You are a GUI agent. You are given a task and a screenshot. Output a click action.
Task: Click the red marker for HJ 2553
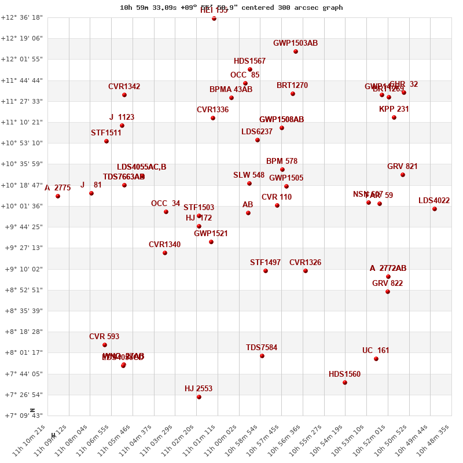(x=199, y=397)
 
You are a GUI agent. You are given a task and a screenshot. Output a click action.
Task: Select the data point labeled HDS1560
(x=345, y=383)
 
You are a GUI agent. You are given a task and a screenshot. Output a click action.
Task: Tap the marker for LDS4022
(x=435, y=209)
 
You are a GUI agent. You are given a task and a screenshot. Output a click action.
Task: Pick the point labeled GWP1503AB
(x=296, y=52)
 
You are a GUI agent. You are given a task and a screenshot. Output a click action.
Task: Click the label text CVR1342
(x=124, y=87)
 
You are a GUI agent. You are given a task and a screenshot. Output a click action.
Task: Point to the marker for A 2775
(x=58, y=196)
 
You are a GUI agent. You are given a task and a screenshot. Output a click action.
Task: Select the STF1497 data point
(x=266, y=271)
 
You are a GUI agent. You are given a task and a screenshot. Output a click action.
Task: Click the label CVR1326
(x=305, y=263)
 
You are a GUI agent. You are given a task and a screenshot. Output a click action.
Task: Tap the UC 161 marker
(x=376, y=359)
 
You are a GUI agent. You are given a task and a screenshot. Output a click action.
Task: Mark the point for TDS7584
(x=262, y=356)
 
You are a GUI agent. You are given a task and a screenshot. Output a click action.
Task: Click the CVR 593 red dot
(x=105, y=345)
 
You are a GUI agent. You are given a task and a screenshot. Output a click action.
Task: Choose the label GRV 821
(x=402, y=167)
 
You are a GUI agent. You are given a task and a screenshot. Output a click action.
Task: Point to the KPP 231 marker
(x=394, y=117)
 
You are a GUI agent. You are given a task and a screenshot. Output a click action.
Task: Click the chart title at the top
(x=231, y=8)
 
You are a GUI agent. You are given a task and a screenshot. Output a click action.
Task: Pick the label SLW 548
(x=249, y=175)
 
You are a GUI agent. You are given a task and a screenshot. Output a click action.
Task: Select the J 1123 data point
(x=122, y=126)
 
